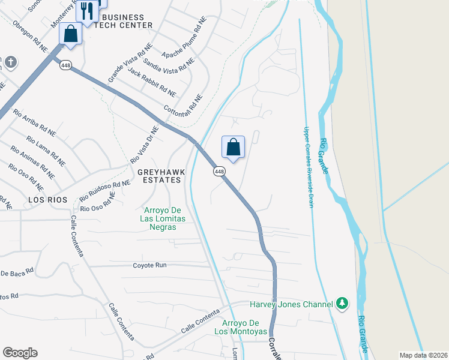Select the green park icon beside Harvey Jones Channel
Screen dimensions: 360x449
pyautogui.click(x=342, y=304)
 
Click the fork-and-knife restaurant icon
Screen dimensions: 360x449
pyautogui.click(x=88, y=11)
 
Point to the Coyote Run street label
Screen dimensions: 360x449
pyautogui.click(x=149, y=265)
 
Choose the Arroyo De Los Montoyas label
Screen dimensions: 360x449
pyautogui.click(x=241, y=327)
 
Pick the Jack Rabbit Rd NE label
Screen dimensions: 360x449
pyautogui.click(x=152, y=83)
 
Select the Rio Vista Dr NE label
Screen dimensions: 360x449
pyautogui.click(x=145, y=145)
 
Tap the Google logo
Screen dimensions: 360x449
pyautogui.click(x=20, y=353)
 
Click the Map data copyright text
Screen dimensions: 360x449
pyautogui.click(x=423, y=355)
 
